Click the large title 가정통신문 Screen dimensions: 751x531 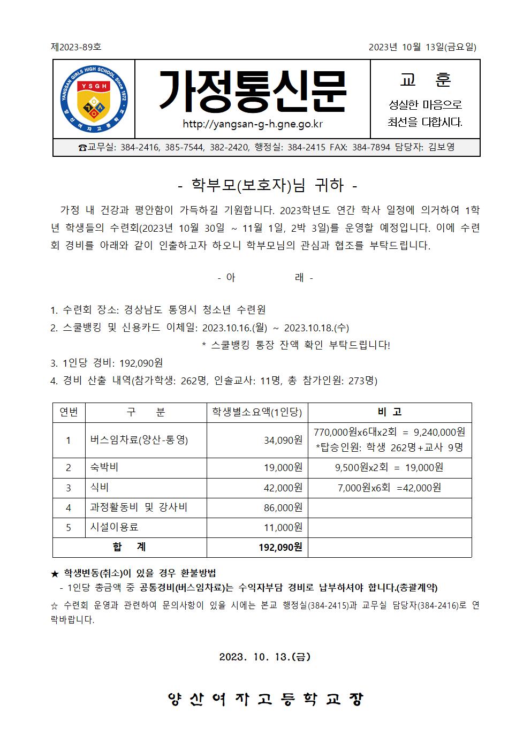pos(253,92)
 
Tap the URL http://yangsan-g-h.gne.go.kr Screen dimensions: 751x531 pos(253,125)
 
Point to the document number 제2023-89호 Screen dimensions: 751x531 pos(76,47)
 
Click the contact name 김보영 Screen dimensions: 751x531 pos(442,147)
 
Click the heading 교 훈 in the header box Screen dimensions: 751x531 pos(425,80)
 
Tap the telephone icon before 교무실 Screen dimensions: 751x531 pos(82,148)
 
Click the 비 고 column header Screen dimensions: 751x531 pos(389,412)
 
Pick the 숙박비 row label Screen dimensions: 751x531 pos(104,467)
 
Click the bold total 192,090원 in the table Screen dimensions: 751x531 pos(280,547)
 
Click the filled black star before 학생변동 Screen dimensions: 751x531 pos(55,573)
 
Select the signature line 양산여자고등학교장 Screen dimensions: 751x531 pos(265,699)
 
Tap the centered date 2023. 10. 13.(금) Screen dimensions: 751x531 pos(265,657)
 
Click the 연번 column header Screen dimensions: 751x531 pos(69,412)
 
